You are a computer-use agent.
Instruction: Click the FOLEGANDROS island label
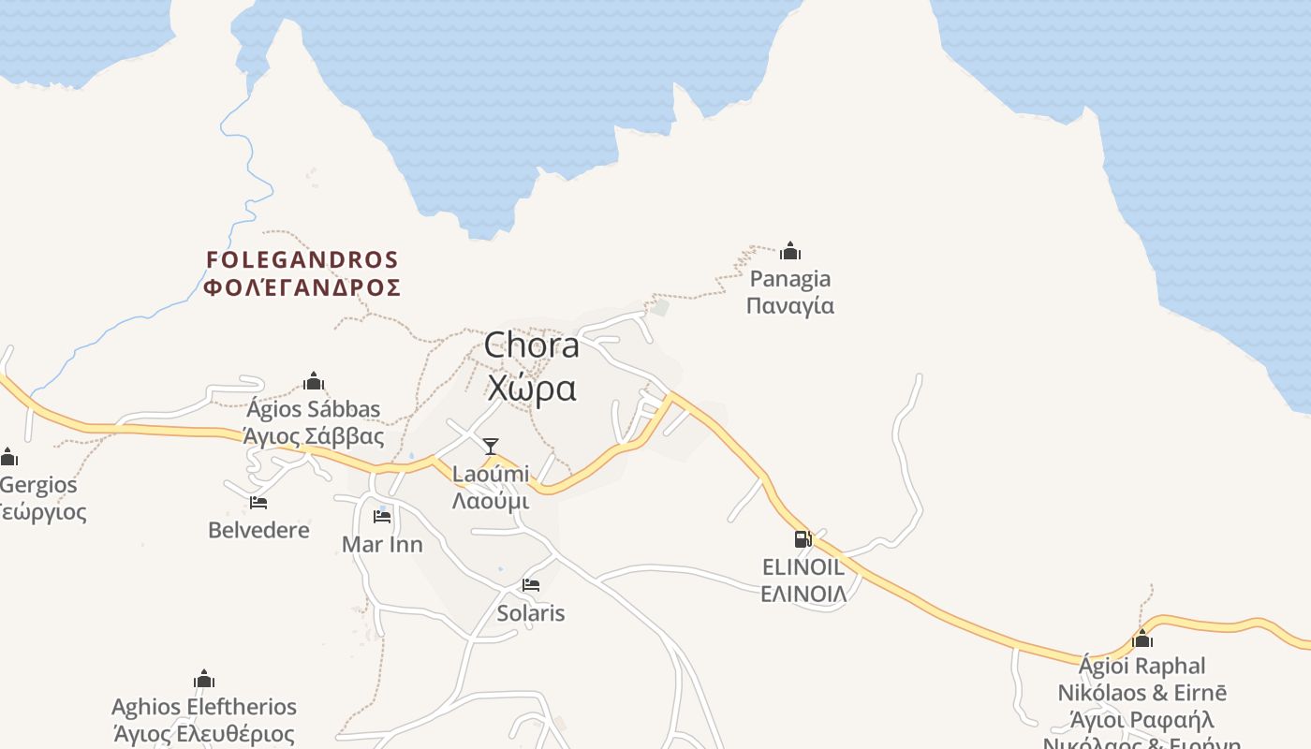click(302, 259)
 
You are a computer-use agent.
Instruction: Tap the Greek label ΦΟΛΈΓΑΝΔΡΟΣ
click(302, 287)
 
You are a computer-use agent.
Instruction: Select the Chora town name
click(531, 346)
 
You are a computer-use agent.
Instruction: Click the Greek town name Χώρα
click(531, 388)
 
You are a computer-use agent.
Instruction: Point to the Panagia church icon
click(790, 251)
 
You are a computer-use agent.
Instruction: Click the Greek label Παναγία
click(790, 306)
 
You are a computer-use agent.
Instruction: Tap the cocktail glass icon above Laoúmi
click(491, 447)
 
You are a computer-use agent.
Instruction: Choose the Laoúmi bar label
click(491, 475)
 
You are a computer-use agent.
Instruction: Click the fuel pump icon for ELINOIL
click(803, 539)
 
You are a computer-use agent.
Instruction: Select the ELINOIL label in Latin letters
click(803, 567)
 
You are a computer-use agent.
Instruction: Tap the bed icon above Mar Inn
click(382, 516)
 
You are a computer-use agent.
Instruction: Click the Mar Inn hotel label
click(382, 544)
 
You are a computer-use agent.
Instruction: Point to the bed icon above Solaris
click(531, 586)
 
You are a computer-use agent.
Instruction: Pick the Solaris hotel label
click(531, 613)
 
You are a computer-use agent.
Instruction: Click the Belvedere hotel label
click(258, 530)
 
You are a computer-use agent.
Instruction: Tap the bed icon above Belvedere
click(258, 503)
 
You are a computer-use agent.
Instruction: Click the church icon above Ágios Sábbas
click(314, 381)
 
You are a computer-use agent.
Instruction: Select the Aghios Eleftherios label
click(204, 707)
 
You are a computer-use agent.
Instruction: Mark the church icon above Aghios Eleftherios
click(204, 679)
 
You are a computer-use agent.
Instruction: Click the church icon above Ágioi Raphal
click(1142, 639)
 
